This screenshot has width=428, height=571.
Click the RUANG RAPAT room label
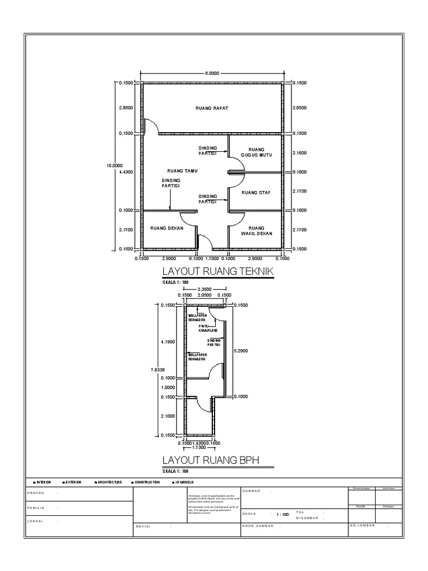click(212, 108)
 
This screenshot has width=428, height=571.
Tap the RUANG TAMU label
click(183, 171)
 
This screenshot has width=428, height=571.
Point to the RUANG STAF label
click(256, 192)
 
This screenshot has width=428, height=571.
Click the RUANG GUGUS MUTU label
click(256, 152)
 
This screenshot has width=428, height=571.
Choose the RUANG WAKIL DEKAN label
click(256, 231)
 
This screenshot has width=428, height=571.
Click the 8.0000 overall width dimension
click(212, 72)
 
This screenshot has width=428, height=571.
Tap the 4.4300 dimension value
click(126, 172)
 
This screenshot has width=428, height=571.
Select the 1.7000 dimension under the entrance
click(212, 259)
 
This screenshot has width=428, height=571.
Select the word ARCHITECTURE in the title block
click(109, 482)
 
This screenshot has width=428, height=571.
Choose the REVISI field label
click(145, 525)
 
